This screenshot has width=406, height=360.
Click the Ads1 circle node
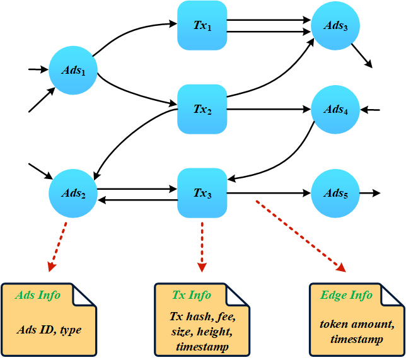pos(73,70)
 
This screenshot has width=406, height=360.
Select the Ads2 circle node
pos(73,192)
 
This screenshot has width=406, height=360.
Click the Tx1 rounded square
pos(202,25)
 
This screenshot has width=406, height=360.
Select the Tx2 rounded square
pos(202,110)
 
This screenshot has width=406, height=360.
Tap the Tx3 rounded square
pos(202,192)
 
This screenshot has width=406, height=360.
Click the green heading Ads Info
pos(38,295)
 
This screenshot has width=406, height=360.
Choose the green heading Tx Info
pos(192,295)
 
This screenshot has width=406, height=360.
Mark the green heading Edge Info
pos(347,295)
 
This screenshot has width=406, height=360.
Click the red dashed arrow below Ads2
pos(57,246)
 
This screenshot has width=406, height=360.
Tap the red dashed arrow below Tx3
pos(202,246)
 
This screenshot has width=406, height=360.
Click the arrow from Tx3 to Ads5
pos(270,192)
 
